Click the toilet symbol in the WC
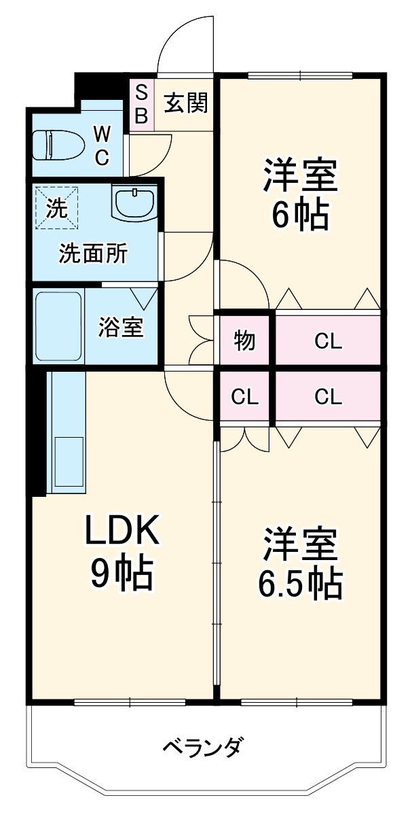pos(58,145)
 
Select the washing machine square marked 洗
pos(57,207)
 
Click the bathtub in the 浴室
pos(58,326)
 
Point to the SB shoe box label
pos(141,104)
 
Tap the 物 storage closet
pos(244,340)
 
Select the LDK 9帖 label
pos(121,551)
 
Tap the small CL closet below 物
pos(244,397)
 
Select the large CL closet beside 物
pos(328,340)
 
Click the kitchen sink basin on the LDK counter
pos(68,459)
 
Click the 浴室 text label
pos(121,327)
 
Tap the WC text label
pos(101,144)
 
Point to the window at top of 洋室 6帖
pos(299,75)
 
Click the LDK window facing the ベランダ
pos(129,702)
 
